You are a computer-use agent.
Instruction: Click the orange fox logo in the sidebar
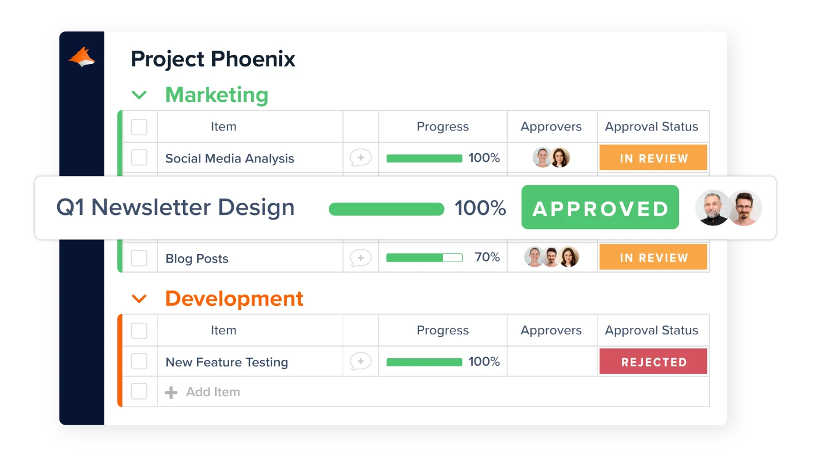click(x=82, y=57)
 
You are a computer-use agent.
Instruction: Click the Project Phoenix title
click(x=213, y=59)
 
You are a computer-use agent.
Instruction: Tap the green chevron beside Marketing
click(x=139, y=96)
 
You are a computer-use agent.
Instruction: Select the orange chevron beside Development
click(x=139, y=299)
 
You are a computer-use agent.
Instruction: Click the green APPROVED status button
click(x=600, y=207)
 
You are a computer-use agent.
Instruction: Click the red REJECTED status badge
click(x=653, y=362)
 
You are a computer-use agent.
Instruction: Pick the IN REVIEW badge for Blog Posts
click(x=653, y=257)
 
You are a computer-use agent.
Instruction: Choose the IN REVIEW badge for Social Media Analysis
click(x=653, y=157)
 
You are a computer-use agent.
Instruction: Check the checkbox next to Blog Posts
click(x=139, y=257)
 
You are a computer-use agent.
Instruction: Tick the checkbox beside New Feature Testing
click(x=139, y=361)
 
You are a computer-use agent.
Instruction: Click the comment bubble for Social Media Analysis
click(x=361, y=158)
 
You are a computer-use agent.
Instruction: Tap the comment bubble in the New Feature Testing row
click(x=361, y=362)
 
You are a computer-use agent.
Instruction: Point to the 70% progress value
click(x=487, y=257)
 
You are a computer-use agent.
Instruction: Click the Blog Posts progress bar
click(x=424, y=257)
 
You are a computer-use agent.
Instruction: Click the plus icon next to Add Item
click(x=171, y=393)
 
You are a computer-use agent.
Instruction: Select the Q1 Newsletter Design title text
click(x=175, y=207)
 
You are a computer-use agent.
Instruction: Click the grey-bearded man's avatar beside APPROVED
click(x=712, y=208)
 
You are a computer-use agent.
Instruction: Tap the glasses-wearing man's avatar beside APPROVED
click(x=744, y=208)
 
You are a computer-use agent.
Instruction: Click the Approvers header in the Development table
click(x=551, y=330)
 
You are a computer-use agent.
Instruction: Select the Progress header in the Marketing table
click(x=442, y=126)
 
